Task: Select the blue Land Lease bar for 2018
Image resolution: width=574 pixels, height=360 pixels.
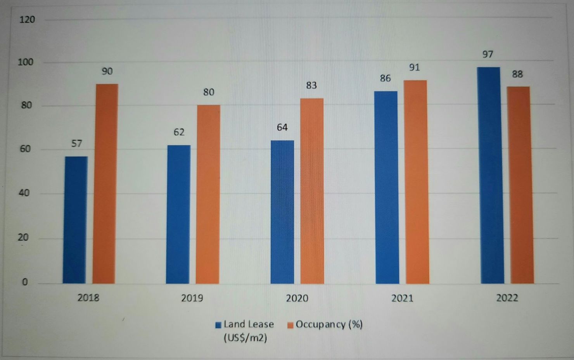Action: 76,220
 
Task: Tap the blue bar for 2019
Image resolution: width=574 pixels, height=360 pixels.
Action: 178,214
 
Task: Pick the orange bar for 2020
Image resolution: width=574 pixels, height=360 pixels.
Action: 312,191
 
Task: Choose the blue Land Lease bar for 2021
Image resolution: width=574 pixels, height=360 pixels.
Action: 387,187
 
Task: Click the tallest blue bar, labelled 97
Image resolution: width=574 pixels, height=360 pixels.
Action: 491,175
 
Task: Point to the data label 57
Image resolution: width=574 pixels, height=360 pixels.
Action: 77,144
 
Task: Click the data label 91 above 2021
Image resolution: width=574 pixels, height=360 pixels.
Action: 414,67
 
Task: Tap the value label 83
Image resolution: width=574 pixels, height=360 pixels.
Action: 311,85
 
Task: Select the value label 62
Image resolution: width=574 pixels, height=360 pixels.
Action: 179,132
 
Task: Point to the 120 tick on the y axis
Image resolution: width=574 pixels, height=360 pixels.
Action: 27,19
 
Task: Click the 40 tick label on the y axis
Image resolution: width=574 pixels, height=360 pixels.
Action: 24,193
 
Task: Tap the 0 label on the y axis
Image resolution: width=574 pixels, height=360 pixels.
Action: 25,282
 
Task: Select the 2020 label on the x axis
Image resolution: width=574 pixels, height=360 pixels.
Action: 297,298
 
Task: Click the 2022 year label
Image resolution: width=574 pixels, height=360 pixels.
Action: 507,298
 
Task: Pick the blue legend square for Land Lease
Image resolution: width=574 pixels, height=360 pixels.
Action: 218,325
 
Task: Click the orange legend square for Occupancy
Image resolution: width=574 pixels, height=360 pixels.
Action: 290,325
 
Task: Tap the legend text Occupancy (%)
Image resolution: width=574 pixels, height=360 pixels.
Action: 329,324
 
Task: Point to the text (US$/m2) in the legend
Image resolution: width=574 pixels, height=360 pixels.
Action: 245,338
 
